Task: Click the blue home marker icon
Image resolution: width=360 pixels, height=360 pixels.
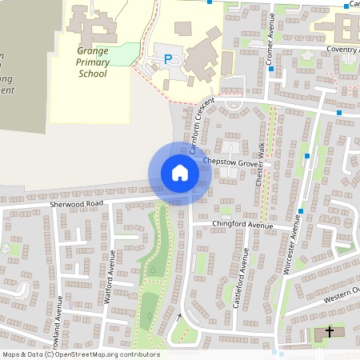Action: [x=179, y=172]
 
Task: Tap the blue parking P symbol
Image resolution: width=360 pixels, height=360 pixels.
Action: [x=168, y=58]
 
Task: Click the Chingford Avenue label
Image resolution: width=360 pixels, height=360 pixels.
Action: [x=243, y=225]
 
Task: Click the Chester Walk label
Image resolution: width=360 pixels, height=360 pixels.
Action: [x=260, y=166]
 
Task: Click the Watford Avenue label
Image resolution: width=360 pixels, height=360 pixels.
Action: [x=111, y=272]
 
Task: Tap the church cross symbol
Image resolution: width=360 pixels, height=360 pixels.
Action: [x=328, y=332]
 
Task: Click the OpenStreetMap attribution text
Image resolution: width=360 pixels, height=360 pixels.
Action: [x=81, y=354]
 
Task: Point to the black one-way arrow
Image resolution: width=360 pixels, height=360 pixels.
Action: [x=179, y=317]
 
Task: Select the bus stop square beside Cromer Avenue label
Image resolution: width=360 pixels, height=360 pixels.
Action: [x=271, y=69]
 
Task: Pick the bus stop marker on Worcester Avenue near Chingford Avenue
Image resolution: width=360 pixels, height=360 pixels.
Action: [x=301, y=211]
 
